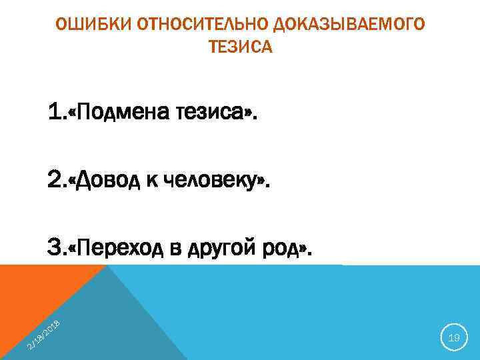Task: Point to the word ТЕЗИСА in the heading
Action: pos(241,47)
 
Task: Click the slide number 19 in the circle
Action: pos(454,339)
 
